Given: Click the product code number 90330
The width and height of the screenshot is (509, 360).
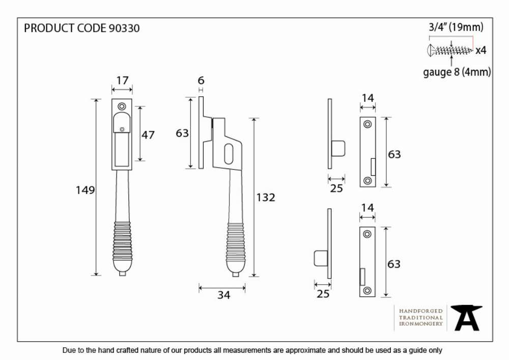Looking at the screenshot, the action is click(x=124, y=28).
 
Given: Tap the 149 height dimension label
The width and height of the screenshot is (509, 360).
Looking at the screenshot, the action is click(x=86, y=190).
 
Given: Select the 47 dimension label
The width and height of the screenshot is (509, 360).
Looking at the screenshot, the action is click(x=148, y=135).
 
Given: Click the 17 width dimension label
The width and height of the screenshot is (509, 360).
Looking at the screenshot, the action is click(x=122, y=80).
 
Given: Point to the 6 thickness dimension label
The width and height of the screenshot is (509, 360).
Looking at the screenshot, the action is click(x=201, y=80).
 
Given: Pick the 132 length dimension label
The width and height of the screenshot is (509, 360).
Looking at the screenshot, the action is click(x=266, y=198).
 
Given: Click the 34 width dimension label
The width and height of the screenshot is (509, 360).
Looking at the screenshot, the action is click(x=223, y=295).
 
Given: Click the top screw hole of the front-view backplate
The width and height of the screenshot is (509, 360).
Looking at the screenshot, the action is click(x=122, y=106).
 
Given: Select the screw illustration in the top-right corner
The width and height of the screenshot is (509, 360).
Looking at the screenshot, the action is click(x=450, y=50).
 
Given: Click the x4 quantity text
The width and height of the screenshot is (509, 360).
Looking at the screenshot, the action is click(x=481, y=50).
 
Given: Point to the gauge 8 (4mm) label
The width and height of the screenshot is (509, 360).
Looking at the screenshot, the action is click(x=457, y=72).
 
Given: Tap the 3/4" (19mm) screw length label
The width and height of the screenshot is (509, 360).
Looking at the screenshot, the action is click(x=456, y=27).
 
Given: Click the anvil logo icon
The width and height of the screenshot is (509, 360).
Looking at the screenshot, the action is click(x=467, y=318).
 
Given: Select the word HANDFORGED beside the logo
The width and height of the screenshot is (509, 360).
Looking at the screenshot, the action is click(x=421, y=311).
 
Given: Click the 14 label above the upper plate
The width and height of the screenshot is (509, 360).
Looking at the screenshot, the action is click(x=368, y=98).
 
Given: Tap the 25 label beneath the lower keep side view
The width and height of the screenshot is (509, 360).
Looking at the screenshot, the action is click(x=323, y=294).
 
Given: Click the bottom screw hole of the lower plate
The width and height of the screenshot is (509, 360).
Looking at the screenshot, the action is click(x=367, y=290).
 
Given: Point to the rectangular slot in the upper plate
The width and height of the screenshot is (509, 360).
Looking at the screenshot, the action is click(x=373, y=167).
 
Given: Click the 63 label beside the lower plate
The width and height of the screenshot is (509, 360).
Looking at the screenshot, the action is click(x=394, y=264).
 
